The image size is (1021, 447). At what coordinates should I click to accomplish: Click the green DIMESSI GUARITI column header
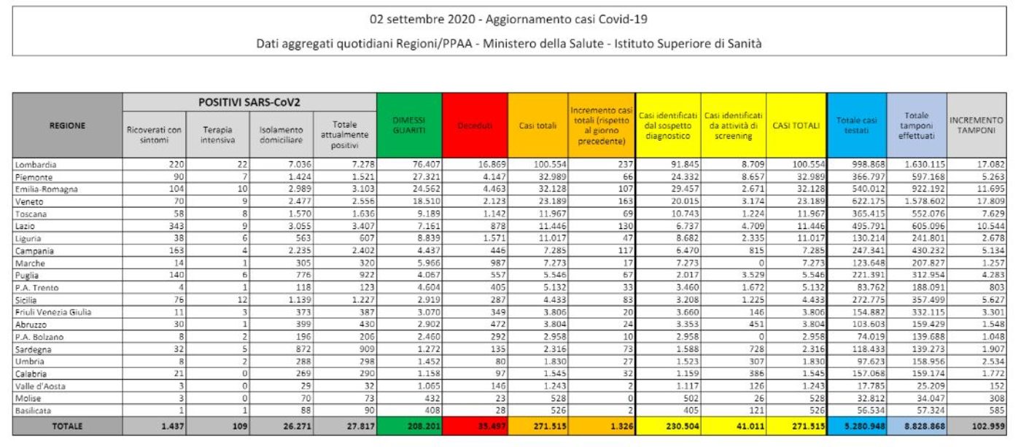[x=409, y=125]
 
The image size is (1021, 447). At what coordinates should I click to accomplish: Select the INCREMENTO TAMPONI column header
[x=976, y=125]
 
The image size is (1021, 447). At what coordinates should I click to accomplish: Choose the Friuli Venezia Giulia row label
[x=50, y=311]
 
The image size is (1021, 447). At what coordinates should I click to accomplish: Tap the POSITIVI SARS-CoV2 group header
[x=249, y=103]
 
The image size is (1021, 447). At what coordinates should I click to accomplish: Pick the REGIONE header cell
[x=67, y=125]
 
